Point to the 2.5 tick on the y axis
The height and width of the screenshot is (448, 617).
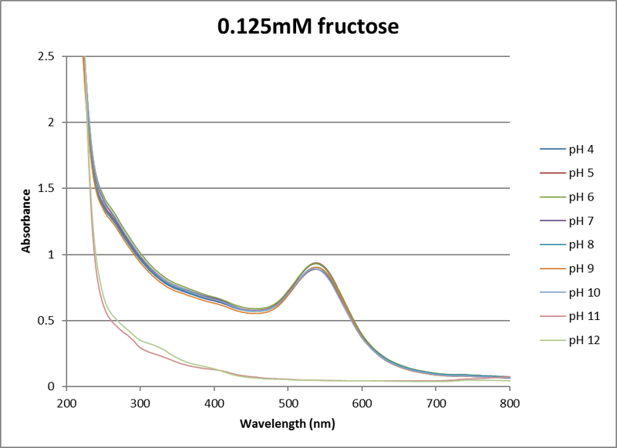(46, 56)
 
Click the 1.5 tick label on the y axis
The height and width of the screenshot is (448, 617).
(46, 188)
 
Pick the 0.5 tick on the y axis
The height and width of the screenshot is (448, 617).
(46, 321)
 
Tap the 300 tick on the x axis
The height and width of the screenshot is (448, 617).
(140, 402)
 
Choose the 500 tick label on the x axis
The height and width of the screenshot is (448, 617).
(288, 402)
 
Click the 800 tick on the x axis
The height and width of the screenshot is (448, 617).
(510, 402)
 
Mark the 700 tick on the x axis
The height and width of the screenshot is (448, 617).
(436, 402)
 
